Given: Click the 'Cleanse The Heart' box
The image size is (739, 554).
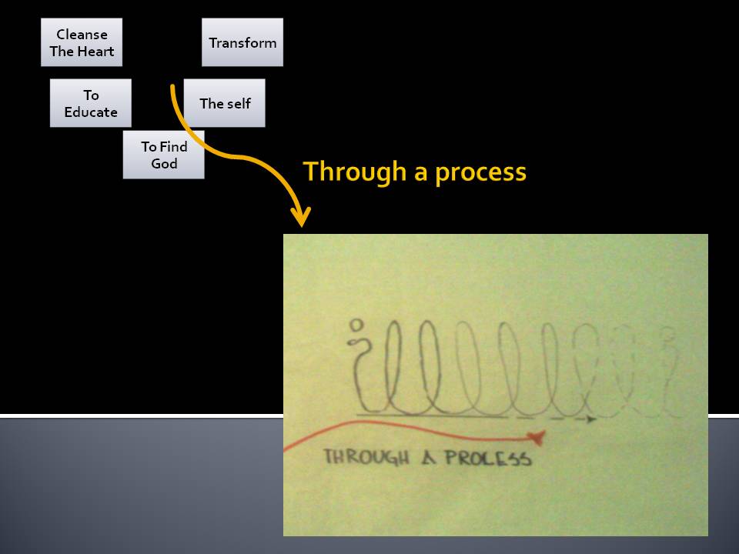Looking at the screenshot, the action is click(82, 42).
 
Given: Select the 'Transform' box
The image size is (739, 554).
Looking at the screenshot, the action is click(242, 42).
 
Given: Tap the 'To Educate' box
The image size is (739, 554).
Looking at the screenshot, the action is click(91, 102).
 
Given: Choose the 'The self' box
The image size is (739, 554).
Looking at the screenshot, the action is click(224, 102).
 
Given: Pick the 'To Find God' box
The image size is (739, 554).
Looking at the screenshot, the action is click(163, 155).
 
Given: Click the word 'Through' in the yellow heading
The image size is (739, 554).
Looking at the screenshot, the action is click(354, 172).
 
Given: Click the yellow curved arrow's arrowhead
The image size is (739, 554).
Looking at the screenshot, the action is click(301, 217).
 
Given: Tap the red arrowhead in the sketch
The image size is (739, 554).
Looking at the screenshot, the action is click(537, 438).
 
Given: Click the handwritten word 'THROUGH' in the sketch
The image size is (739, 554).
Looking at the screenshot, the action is click(366, 457).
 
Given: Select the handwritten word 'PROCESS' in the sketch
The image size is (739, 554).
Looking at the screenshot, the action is click(488, 458).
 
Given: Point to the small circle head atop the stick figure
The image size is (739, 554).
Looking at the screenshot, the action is click(356, 325).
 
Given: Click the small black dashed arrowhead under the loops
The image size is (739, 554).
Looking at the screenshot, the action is click(591, 419).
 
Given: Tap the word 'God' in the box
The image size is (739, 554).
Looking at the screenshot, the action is click(164, 163).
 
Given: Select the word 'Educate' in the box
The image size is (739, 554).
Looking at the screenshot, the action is click(91, 112).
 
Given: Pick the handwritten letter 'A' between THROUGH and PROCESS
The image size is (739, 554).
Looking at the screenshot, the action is click(428, 458).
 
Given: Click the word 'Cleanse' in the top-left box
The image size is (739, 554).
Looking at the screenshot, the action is click(82, 35).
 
